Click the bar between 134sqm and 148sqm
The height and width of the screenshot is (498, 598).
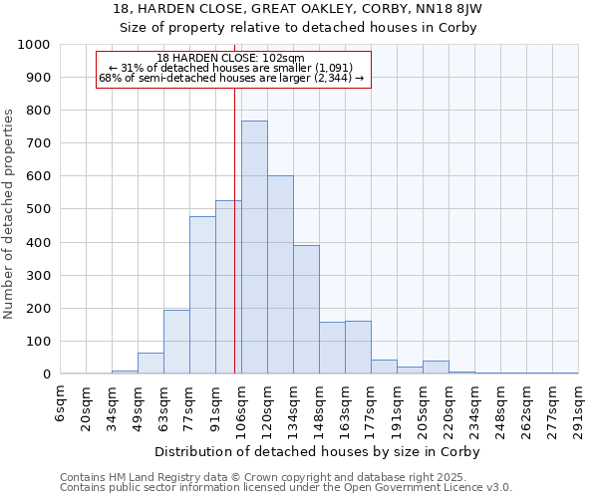pos(306,309)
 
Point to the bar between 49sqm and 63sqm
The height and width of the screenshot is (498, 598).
pos(150,364)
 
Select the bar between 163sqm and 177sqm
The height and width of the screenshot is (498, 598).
pos(358,348)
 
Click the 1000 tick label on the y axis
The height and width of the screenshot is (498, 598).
pos(33,45)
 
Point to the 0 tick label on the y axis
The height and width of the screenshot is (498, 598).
pos(46,374)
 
